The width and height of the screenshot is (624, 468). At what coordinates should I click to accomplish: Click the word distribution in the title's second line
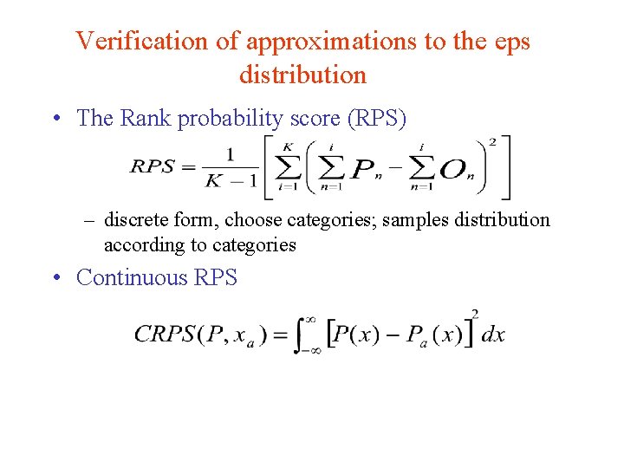coord(302,75)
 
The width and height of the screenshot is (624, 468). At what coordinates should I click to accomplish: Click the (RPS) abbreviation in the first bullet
coord(376,118)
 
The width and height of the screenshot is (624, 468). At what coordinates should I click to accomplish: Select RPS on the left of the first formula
coord(153,166)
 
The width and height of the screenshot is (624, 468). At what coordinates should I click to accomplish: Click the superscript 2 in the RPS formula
coord(493,140)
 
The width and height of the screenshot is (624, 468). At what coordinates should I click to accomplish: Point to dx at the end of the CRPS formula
coord(493,335)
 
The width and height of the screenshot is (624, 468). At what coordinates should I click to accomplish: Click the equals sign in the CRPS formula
coord(280,335)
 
